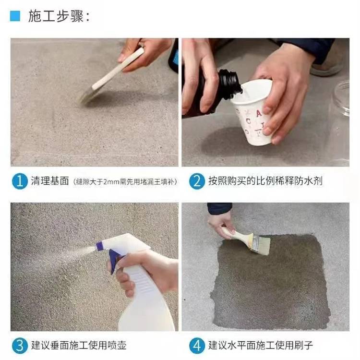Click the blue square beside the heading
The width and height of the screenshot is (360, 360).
tap(15, 16)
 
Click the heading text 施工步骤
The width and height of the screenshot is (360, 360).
tap(56, 16)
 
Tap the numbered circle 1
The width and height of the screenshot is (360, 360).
tap(20, 181)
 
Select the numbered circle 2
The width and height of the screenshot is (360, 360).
tap(197, 181)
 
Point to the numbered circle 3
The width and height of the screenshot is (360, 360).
tap(20, 346)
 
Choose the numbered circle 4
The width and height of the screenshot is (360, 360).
tap(197, 346)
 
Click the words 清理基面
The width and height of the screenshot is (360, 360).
tap(50, 181)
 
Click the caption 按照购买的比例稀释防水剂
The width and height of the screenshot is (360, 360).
tap(265, 181)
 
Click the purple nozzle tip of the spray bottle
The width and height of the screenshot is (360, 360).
tap(100, 246)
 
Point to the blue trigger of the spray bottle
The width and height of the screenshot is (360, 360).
tap(114, 261)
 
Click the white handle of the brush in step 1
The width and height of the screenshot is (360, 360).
tap(118, 69)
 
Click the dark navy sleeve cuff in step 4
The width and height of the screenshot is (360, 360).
tap(219, 208)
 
